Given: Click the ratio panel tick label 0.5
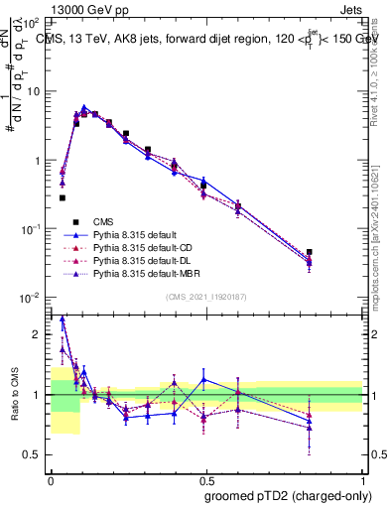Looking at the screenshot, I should coord(35,454).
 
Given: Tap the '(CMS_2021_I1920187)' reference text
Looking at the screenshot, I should coord(205,298).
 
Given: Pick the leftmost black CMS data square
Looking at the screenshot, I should coord(62,197).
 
